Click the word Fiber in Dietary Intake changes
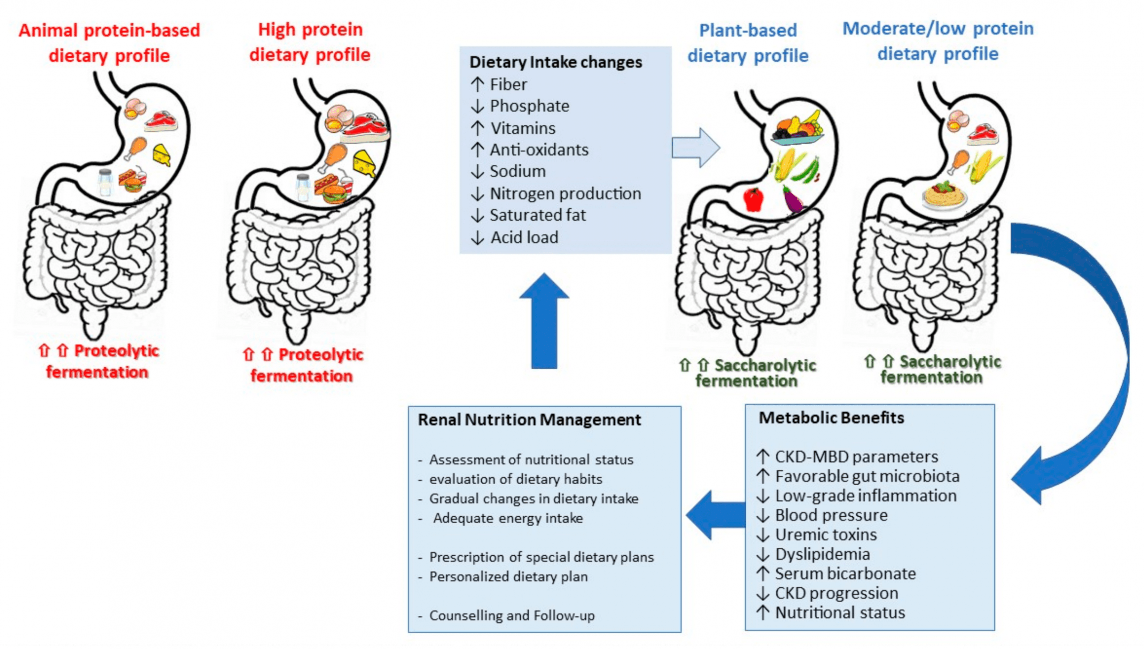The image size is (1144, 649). click(x=508, y=84)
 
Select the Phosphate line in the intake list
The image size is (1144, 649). click(x=529, y=106)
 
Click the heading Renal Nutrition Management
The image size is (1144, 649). click(x=529, y=420)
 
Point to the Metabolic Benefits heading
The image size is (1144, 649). click(x=831, y=418)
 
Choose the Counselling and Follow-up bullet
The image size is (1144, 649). click(x=512, y=616)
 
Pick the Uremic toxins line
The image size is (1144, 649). click(x=826, y=535)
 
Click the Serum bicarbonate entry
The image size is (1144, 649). click(x=845, y=574)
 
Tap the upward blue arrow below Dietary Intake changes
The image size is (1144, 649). click(x=544, y=322)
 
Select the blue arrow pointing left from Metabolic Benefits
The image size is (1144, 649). click(x=715, y=515)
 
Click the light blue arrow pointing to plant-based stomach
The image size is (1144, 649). click(x=695, y=148)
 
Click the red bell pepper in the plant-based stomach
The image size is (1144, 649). click(x=753, y=199)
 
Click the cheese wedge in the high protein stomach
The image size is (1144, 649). click(x=365, y=163)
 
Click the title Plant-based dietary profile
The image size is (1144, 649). click(x=748, y=43)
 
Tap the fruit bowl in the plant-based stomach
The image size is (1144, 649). click(x=798, y=130)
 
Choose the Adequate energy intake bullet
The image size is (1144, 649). click(x=508, y=518)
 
